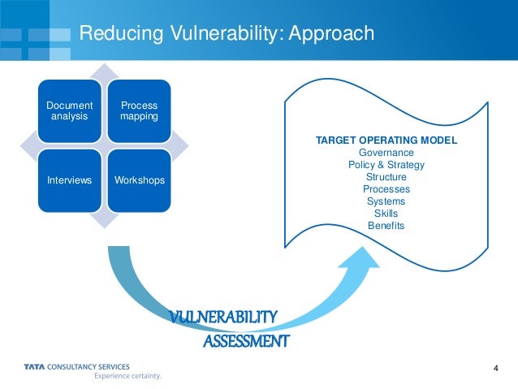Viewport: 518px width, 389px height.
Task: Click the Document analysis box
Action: (x=70, y=111)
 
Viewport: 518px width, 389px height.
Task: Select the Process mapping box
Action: (x=139, y=111)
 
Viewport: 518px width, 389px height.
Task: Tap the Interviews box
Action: (x=70, y=179)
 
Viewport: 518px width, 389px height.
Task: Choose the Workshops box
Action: (x=140, y=179)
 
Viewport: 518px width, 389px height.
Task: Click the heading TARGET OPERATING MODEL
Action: (x=386, y=140)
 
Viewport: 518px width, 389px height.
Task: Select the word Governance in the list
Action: (x=386, y=153)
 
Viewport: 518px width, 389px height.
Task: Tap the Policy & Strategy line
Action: (x=386, y=165)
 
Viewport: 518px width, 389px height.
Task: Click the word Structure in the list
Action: (x=386, y=177)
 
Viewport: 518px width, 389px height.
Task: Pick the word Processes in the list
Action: (x=386, y=189)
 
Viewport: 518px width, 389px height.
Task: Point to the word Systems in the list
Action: (x=386, y=201)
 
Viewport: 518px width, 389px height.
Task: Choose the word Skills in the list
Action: (x=386, y=214)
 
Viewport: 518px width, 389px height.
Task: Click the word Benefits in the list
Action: (x=386, y=226)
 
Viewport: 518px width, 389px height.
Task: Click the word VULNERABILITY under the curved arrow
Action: (x=225, y=317)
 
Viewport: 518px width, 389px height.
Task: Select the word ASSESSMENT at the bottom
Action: (x=245, y=341)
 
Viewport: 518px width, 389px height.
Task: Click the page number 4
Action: (x=495, y=370)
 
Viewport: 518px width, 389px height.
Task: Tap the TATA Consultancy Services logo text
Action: (x=76, y=367)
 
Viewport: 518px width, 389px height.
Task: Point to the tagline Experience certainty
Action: (x=127, y=376)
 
